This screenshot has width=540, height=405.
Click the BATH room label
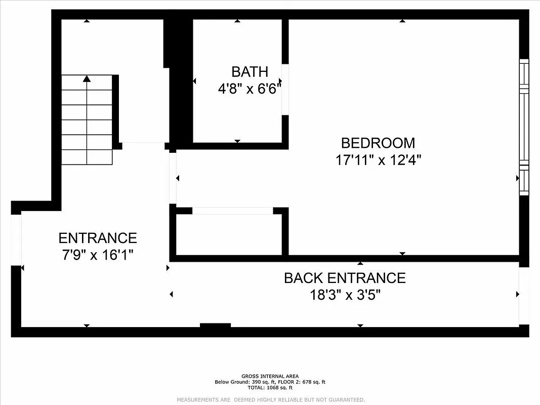click(250, 71)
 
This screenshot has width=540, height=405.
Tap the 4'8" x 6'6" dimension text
click(250, 89)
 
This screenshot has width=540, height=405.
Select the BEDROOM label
click(378, 143)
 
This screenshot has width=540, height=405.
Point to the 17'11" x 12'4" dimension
click(378, 160)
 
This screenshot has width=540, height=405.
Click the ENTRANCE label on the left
click(98, 238)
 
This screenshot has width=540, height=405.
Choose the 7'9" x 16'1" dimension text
click(98, 255)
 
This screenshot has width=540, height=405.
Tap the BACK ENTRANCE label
click(345, 278)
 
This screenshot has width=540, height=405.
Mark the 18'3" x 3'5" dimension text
click(345, 295)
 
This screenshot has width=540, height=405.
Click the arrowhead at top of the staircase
click(87, 79)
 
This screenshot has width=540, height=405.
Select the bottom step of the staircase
click(87, 157)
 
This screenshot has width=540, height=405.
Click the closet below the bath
click(229, 234)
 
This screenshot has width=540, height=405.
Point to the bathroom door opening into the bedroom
click(285, 89)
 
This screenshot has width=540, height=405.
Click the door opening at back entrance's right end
click(524, 296)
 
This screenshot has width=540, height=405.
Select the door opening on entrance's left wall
click(16, 239)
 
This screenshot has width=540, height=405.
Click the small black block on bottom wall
click(216, 326)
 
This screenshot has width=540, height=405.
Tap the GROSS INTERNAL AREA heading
click(270, 376)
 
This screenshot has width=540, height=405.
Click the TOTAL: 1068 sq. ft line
click(270, 388)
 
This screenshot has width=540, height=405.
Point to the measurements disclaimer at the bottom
click(270, 400)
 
